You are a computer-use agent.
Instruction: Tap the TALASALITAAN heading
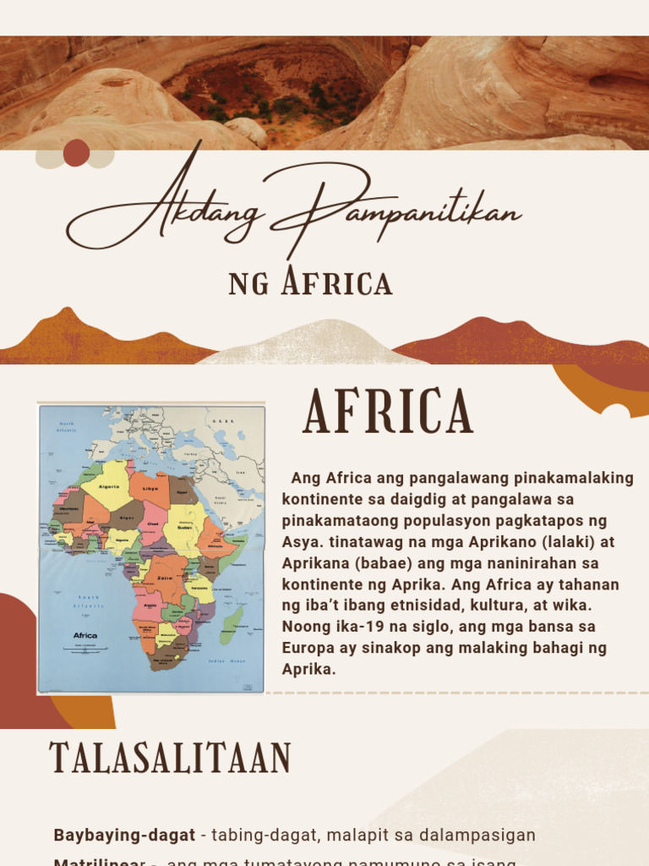coord(170,758)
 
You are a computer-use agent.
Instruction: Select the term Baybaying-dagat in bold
coord(124,835)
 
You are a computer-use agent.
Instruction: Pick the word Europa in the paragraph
coord(307,649)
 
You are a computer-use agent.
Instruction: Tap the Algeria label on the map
coord(110,486)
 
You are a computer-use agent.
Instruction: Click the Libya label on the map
coord(151,488)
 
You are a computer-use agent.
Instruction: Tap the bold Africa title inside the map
coord(85,635)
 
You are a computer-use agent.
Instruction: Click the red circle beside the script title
coord(76,153)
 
